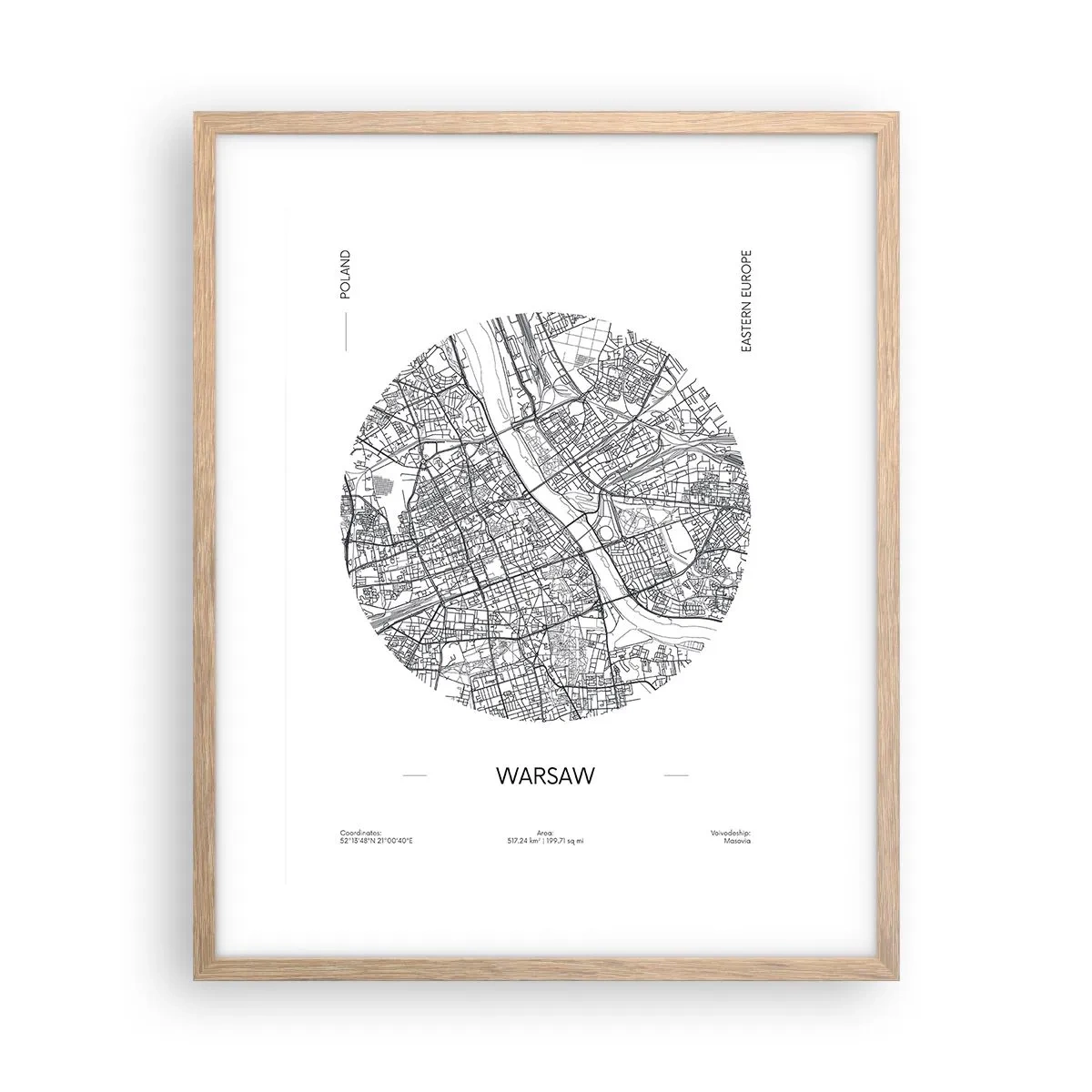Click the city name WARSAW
pyautogui.click(x=545, y=775)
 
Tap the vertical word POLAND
pyautogui.click(x=344, y=275)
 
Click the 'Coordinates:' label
pyautogui.click(x=360, y=832)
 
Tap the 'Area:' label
pyautogui.click(x=545, y=832)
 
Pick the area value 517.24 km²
pyautogui.click(x=525, y=840)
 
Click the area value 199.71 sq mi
pyautogui.click(x=565, y=840)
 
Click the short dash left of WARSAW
pyautogui.click(x=414, y=775)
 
